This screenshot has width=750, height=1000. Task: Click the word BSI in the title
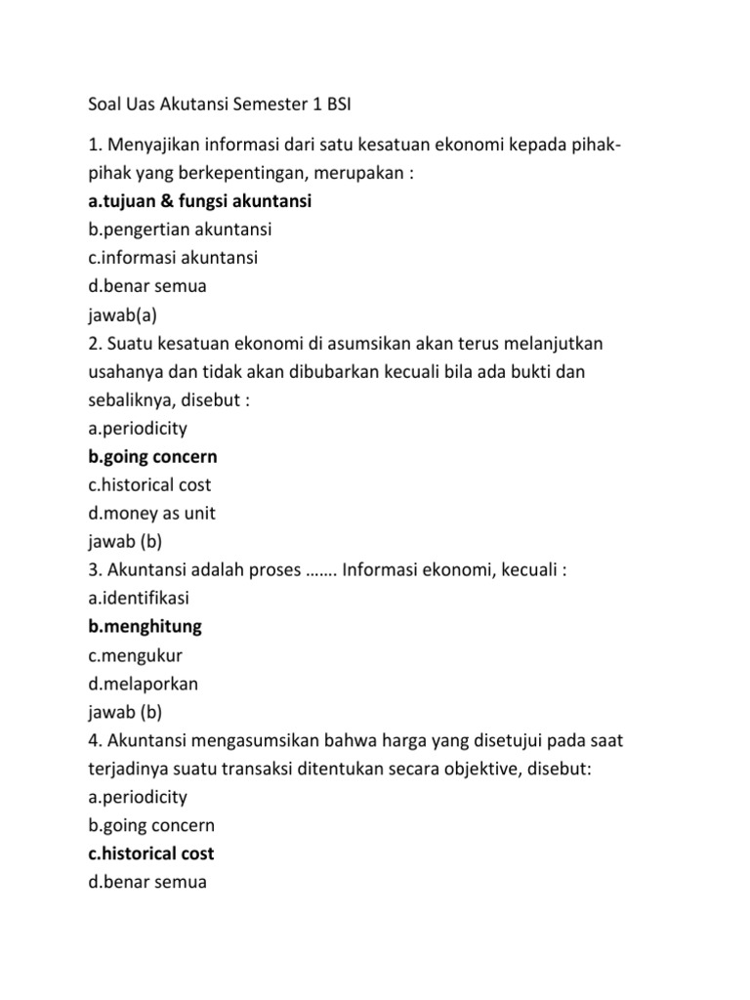[332, 104]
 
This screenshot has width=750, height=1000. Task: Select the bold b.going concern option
[152, 457]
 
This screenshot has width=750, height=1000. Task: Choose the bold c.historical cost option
[151, 854]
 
